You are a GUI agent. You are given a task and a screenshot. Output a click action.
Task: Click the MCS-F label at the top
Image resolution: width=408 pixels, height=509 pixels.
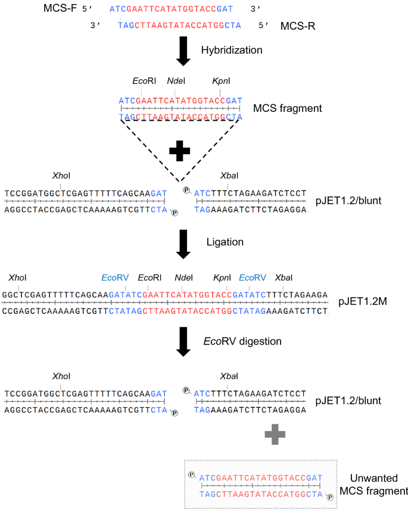[60, 9]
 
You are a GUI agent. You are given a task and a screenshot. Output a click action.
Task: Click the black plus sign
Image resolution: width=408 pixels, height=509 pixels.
[183, 151]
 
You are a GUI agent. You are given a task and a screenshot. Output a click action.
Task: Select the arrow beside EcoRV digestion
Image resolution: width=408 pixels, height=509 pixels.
[183, 343]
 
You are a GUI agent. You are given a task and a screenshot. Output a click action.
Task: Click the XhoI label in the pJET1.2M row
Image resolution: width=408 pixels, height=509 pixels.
[18, 278]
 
